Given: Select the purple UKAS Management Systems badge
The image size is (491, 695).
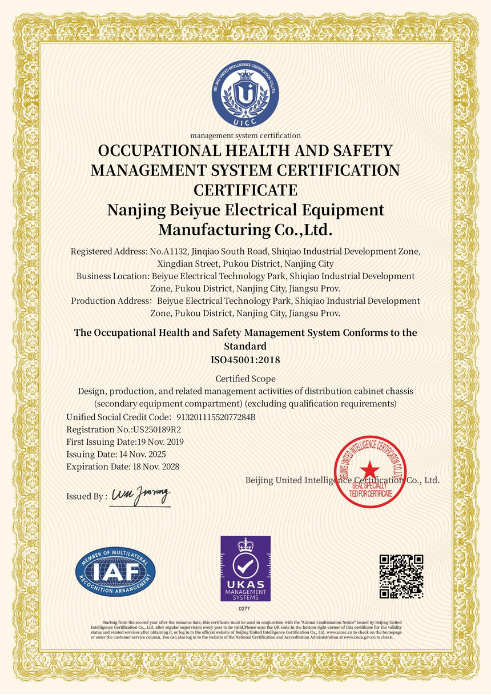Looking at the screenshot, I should point(246,568).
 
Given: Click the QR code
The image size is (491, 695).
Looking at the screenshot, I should point(401,576).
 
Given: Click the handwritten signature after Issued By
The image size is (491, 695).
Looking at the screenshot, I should point(140,495).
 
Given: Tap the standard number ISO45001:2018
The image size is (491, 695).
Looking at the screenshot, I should point(246,360).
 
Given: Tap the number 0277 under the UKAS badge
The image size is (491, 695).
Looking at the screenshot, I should point(246,609).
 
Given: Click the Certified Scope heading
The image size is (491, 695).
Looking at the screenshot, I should point(246,379).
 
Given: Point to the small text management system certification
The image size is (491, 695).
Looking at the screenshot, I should point(246,135).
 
